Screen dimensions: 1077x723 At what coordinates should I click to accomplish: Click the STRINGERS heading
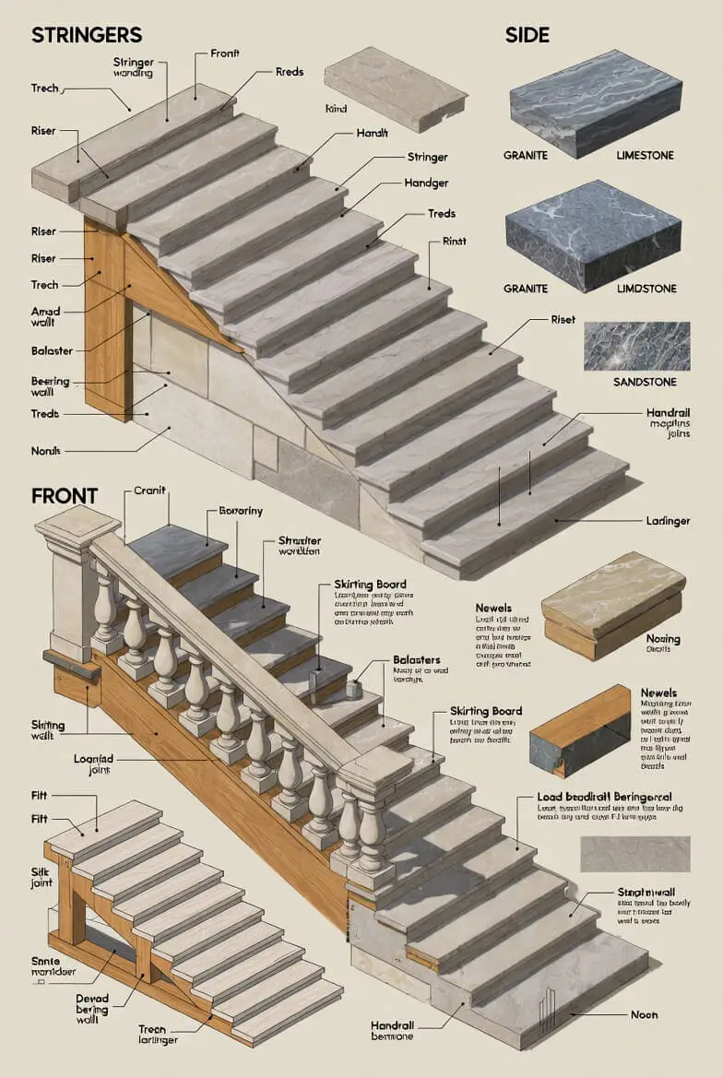point(87,35)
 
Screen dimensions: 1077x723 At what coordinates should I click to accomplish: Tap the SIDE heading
point(527,35)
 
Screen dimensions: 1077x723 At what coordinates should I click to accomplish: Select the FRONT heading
point(65,495)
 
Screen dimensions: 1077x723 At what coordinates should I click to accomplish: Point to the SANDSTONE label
point(645,382)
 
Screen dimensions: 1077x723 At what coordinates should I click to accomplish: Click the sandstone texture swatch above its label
point(636,346)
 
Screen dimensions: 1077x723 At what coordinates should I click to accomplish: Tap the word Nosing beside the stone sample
point(663,639)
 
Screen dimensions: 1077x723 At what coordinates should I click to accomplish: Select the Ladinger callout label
point(669,521)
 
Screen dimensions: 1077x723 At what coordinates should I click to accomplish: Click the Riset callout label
point(563,319)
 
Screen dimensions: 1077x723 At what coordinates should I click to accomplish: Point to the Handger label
point(426,183)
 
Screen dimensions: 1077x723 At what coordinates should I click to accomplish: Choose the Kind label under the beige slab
point(336,109)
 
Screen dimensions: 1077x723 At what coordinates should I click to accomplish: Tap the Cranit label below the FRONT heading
point(150,491)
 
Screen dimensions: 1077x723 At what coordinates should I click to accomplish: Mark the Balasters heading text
point(417,660)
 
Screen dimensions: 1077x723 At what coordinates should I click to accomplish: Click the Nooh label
point(644,1014)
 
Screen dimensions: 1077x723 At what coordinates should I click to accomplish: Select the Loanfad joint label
point(92,765)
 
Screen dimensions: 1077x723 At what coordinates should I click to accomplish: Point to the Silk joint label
point(41,877)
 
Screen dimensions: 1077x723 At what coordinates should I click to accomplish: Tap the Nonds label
point(45,451)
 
